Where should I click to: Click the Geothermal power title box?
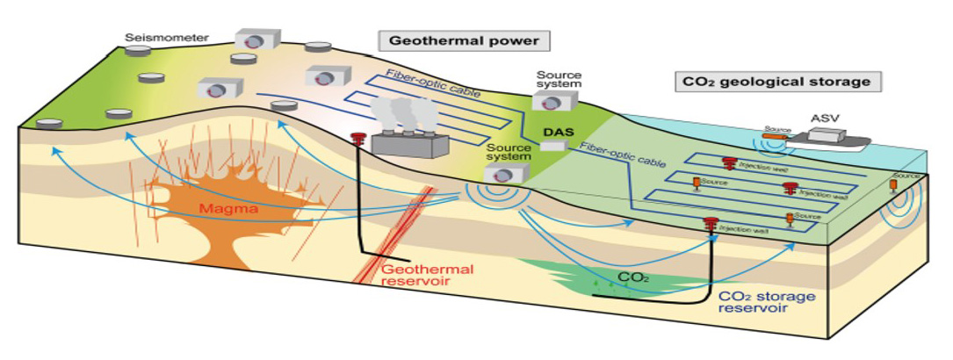pos(464,40)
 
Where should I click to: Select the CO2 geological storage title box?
pos(777,83)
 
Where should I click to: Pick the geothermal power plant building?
pos(410,145)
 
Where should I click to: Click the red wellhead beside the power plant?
pos(357,139)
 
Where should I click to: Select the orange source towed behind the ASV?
pos(776,136)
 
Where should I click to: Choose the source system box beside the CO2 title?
pos(553,102)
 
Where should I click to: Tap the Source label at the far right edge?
pos(906,176)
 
